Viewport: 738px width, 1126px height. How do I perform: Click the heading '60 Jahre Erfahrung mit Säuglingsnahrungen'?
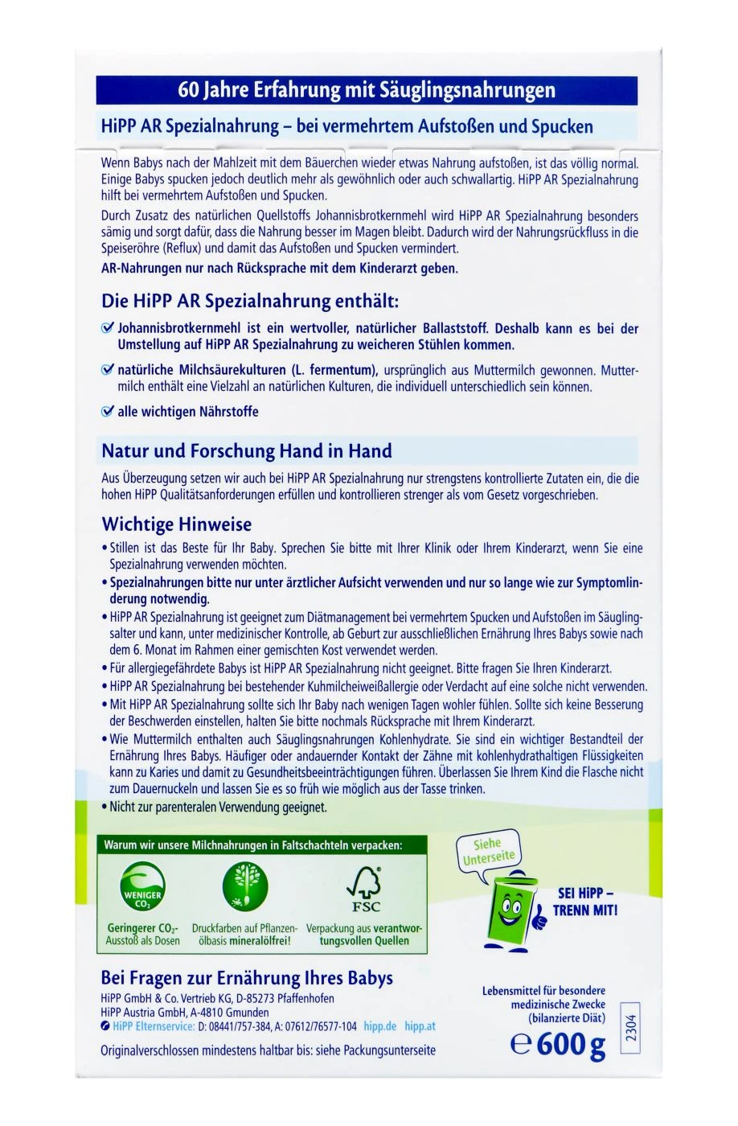coord(367,90)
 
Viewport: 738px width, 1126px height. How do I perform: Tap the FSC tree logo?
coord(364,888)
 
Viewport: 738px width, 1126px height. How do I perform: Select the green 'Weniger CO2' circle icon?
coord(142,889)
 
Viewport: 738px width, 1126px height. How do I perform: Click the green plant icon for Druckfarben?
coord(244,886)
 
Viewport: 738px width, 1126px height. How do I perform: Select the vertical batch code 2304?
coord(630,1029)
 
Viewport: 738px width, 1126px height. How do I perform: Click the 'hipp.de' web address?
coord(379,1026)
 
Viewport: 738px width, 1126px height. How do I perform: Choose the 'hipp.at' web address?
coord(420,1026)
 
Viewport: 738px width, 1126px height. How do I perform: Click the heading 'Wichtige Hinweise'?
coord(176,524)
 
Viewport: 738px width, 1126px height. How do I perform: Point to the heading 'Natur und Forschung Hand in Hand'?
coord(246,450)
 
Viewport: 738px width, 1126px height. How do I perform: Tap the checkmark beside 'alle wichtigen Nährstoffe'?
coord(108,411)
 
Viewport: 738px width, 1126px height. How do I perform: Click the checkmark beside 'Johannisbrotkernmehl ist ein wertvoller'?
coord(108,328)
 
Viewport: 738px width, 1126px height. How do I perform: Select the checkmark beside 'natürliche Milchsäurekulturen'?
coord(108,370)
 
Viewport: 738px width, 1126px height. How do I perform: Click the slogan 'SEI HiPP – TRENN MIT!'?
coord(585,902)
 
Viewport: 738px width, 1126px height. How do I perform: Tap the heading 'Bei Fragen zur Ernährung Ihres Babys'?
coord(247,978)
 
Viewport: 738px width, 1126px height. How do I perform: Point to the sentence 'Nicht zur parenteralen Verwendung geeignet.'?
coord(218,807)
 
